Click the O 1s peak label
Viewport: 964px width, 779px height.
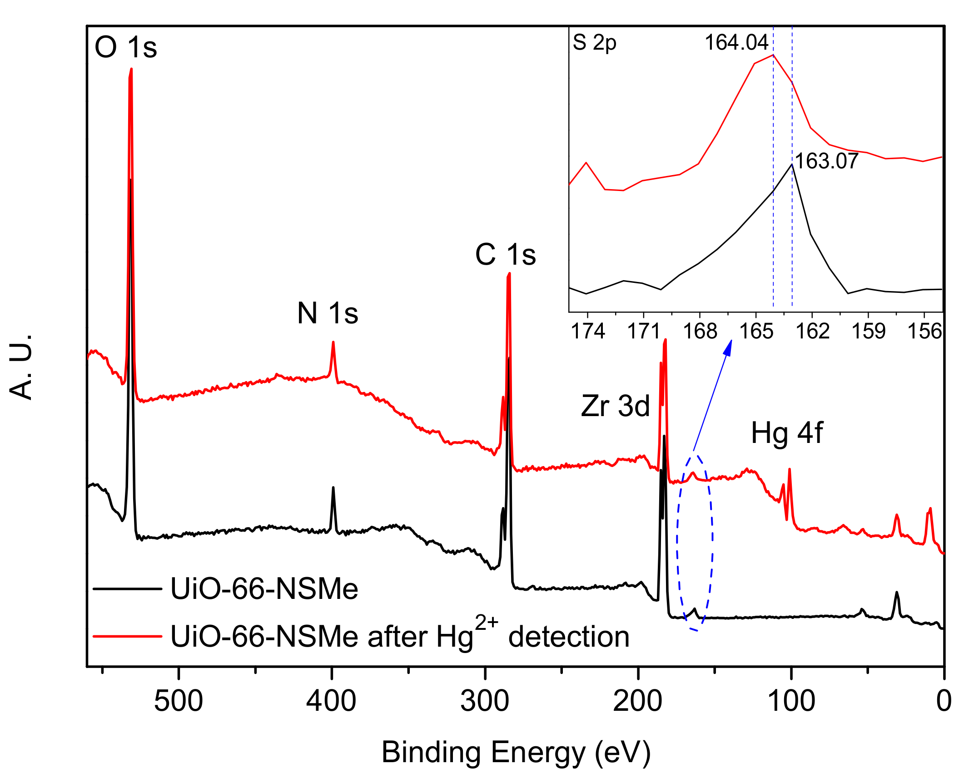[126, 47]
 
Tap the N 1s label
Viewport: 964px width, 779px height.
[328, 313]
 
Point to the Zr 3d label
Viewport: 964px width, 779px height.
[615, 406]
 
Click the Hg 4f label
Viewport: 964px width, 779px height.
[787, 433]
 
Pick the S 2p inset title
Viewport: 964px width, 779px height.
[594, 43]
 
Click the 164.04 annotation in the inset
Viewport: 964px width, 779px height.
[736, 43]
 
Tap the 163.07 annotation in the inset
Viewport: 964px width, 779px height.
[826, 161]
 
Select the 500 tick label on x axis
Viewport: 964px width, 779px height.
[178, 701]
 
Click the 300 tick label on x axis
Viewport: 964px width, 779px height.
[485, 701]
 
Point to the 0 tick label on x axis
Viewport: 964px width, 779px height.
[944, 701]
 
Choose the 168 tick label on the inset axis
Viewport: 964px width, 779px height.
[700, 331]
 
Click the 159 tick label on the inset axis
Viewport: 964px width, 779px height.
[868, 331]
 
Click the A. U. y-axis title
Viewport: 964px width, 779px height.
[21, 367]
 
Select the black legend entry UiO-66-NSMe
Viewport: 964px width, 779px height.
[264, 589]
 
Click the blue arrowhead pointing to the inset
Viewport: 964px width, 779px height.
[728, 347]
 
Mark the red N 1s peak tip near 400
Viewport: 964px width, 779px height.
[333, 342]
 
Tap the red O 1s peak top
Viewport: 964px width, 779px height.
[131, 70]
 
